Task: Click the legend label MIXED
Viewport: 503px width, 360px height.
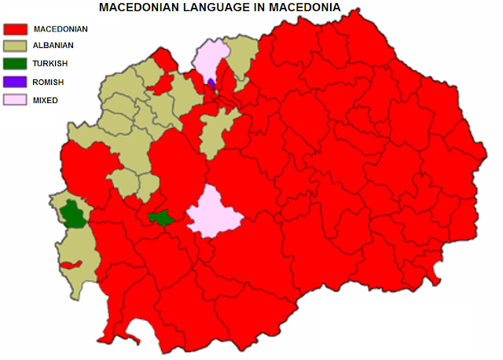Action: click(x=46, y=101)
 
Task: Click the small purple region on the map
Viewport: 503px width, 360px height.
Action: click(x=211, y=83)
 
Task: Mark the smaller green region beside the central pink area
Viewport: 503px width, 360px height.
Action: click(x=162, y=218)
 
